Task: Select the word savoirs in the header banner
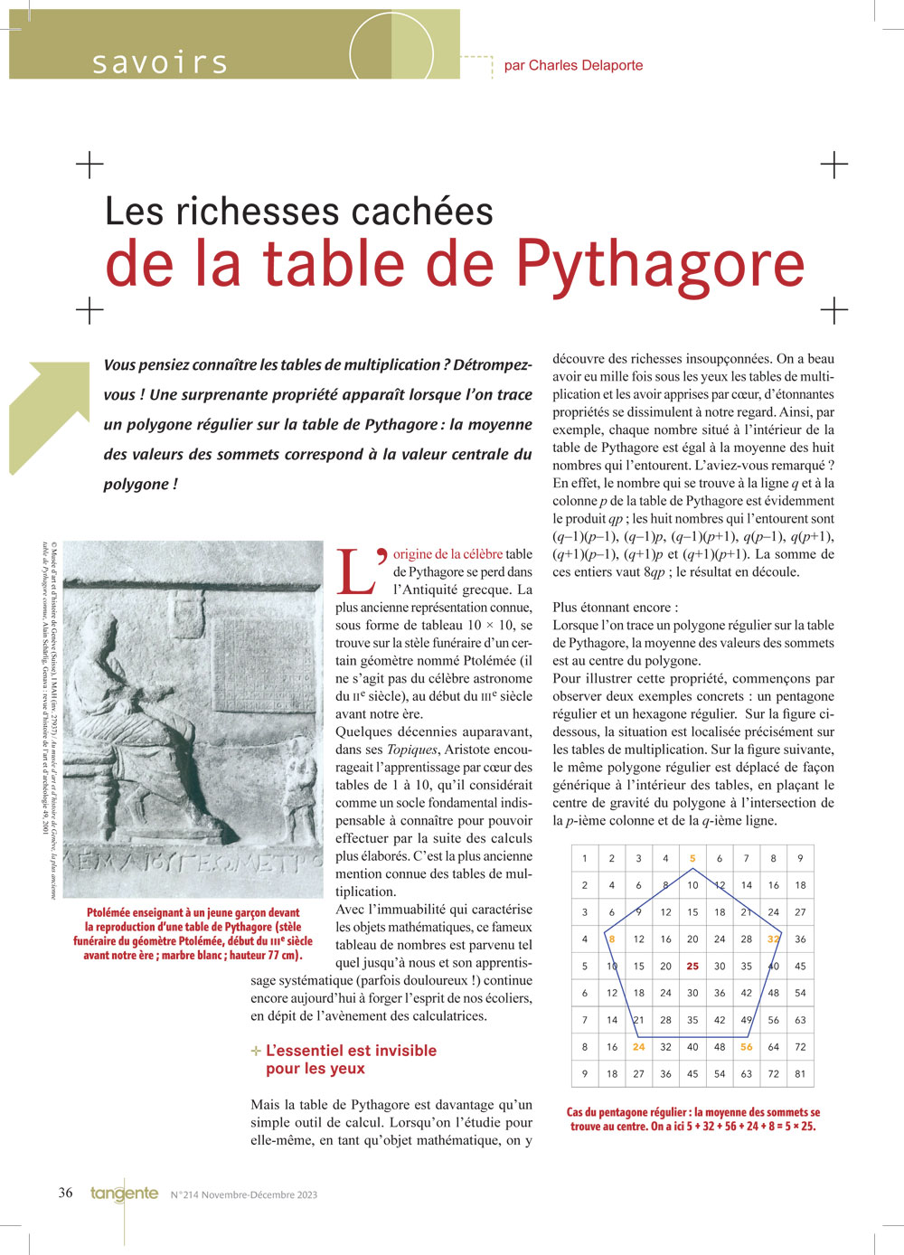pyautogui.click(x=160, y=62)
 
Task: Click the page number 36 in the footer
pyautogui.click(x=66, y=1193)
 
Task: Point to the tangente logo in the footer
pyautogui.click(x=124, y=1194)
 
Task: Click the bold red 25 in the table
pyautogui.click(x=692, y=966)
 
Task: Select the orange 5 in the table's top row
pyautogui.click(x=692, y=858)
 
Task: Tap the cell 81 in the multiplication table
pyautogui.click(x=800, y=1073)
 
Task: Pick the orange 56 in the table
pyautogui.click(x=746, y=1046)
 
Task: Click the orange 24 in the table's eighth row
pyautogui.click(x=638, y=1046)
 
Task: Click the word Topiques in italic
pyautogui.click(x=411, y=750)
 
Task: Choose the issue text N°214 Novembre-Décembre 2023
pyautogui.click(x=244, y=1194)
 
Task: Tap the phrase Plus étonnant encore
pyautogui.click(x=615, y=608)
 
